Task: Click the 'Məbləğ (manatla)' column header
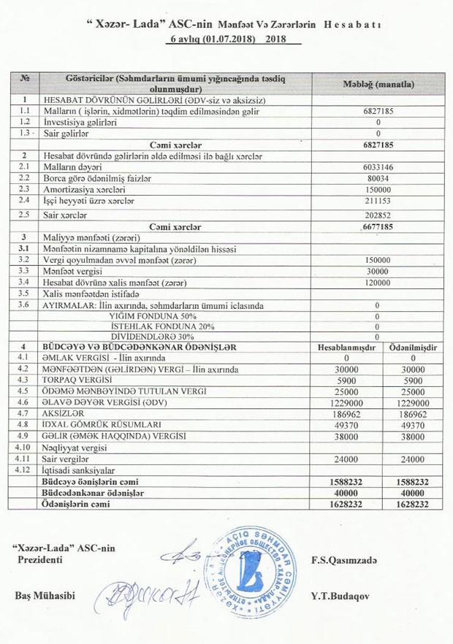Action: click(x=379, y=84)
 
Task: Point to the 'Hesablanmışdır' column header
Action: click(x=346, y=348)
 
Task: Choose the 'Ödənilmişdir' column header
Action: click(x=413, y=348)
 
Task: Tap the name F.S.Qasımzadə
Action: click(x=342, y=559)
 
